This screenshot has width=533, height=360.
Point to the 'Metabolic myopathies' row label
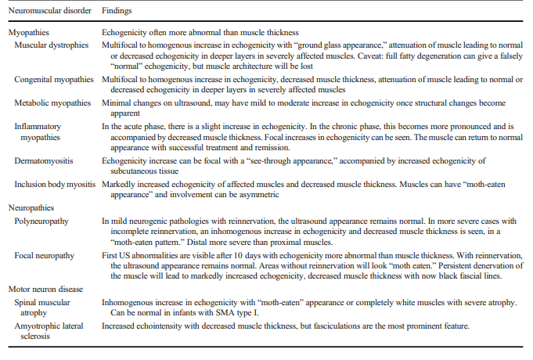(x=52, y=103)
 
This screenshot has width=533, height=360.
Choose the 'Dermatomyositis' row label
(x=44, y=160)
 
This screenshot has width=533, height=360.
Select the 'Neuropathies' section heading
(x=31, y=207)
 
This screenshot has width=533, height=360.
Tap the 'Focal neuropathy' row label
(x=45, y=255)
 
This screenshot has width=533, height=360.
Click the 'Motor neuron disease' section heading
(x=46, y=290)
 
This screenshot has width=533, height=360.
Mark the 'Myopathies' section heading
(x=29, y=33)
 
